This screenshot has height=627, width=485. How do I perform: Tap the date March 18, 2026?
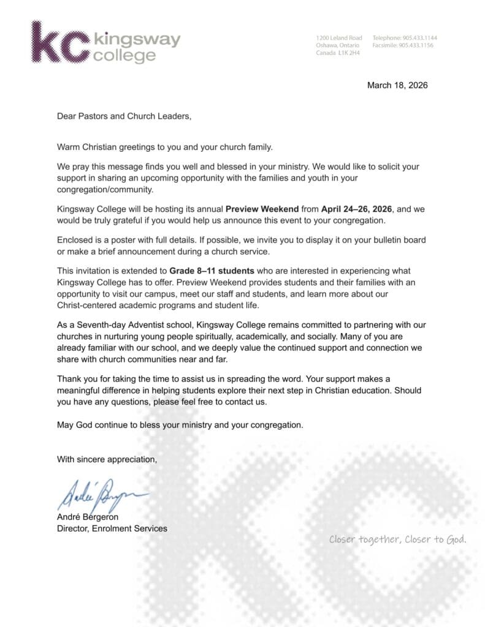tap(397, 85)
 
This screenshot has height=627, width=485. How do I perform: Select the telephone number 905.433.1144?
tap(420, 38)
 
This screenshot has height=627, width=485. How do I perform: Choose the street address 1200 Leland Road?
tap(338, 38)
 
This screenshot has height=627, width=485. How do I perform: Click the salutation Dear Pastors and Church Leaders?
tap(124, 115)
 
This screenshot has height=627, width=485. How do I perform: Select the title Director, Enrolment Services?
tap(112, 528)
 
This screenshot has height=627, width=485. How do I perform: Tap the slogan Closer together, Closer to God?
tap(398, 539)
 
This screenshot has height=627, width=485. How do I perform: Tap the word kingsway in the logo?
tap(137, 40)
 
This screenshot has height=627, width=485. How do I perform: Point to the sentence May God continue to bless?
tap(180, 424)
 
